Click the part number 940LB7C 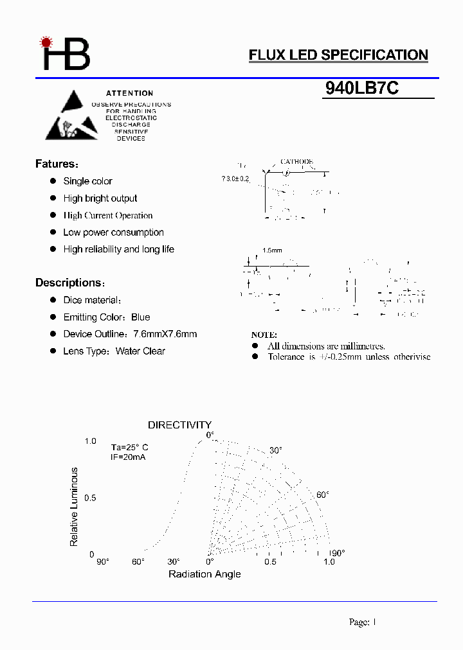click(362, 89)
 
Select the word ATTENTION click(130, 93)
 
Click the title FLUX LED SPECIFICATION click(338, 55)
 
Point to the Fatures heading click(57, 164)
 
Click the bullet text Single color click(87, 181)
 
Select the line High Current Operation click(108, 215)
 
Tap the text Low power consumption click(113, 233)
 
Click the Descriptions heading click(69, 283)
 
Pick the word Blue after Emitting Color click(140, 317)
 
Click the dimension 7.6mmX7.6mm click(165, 334)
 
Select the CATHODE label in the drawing click(296, 162)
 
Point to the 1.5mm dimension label click(272, 250)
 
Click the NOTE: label click(264, 335)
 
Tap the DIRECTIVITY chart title click(179, 425)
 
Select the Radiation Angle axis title click(204, 574)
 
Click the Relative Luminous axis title click(74, 507)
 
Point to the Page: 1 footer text click(363, 622)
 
